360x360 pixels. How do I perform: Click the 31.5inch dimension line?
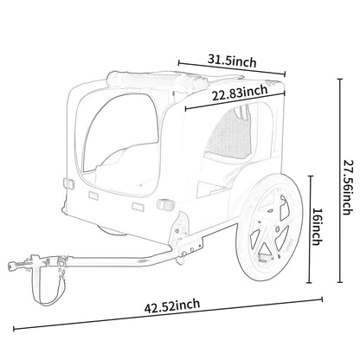click(x=231, y=68)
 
